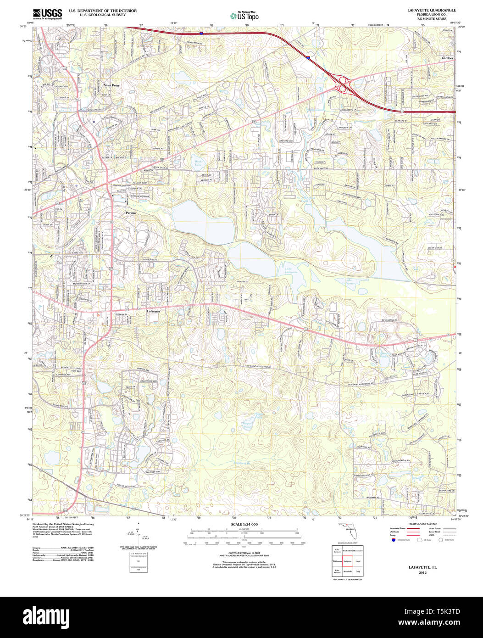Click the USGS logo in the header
pos(47,14)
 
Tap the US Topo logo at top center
pos(244,15)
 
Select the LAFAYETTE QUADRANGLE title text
pos(425,10)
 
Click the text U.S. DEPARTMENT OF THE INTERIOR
pos(96,10)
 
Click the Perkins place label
pos(131,213)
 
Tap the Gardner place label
pos(447,58)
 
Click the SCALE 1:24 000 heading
pos(244,524)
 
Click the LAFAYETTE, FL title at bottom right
pos(422,568)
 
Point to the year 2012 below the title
pos(422,573)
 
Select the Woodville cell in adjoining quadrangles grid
pos(348,571)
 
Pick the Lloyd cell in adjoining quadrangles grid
pos(358,561)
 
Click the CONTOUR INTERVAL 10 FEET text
pos(244,554)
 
